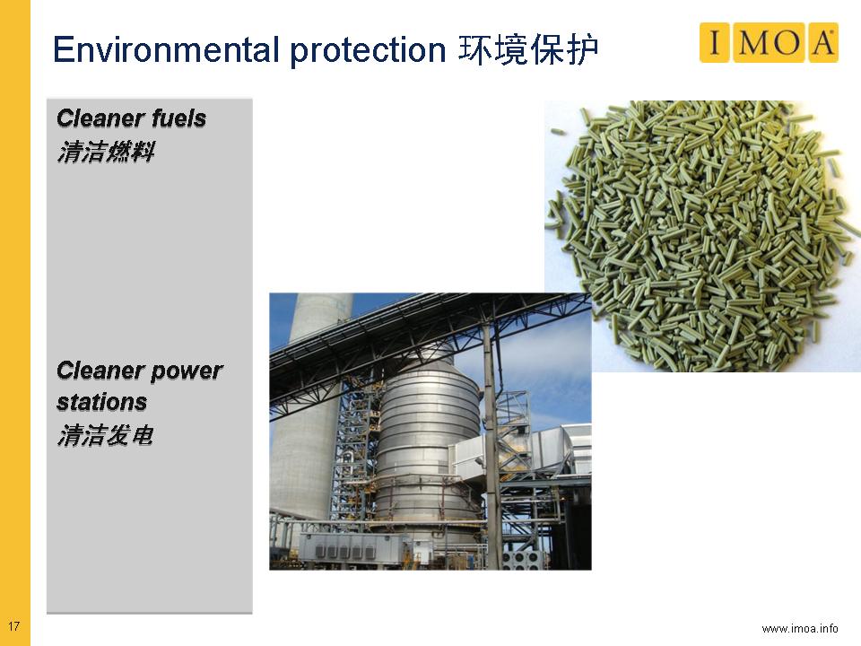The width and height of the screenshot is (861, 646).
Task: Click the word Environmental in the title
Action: click(167, 49)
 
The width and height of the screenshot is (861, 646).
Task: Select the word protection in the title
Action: click(368, 51)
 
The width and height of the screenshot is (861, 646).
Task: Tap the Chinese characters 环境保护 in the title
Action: click(528, 50)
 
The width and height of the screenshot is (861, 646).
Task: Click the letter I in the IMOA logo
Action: click(714, 42)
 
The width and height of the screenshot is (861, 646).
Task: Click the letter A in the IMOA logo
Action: click(822, 42)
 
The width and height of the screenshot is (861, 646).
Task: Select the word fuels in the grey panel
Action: click(179, 118)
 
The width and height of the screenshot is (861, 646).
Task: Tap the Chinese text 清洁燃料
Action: click(106, 152)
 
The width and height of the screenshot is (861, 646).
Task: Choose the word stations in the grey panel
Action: click(101, 402)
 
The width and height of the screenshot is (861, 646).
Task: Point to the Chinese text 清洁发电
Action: click(105, 435)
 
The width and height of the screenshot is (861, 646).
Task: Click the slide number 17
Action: click(13, 625)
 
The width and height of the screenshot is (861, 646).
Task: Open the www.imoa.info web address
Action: click(800, 628)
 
